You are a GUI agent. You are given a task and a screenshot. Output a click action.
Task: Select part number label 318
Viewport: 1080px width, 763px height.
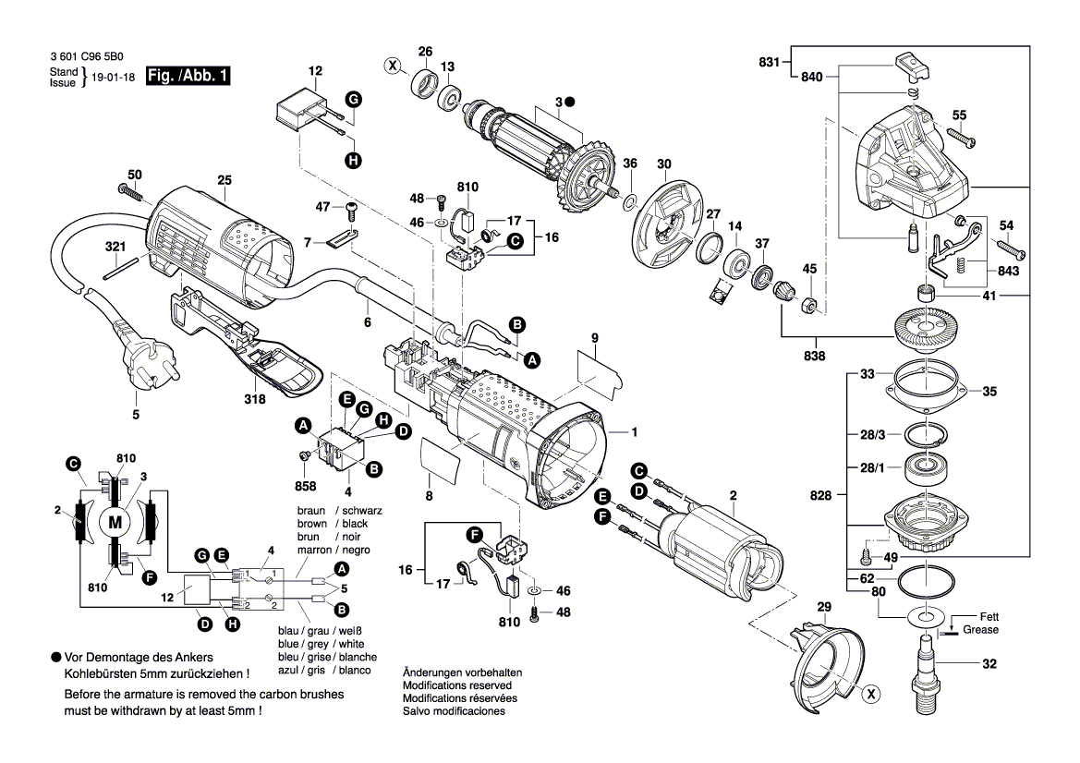(x=254, y=399)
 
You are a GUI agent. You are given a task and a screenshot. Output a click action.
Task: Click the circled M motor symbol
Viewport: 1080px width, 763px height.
(x=115, y=523)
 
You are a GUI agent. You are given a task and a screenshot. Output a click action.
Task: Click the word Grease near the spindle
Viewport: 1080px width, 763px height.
(x=979, y=630)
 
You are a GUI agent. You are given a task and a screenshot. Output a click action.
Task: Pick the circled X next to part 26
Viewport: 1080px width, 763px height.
(x=393, y=66)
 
